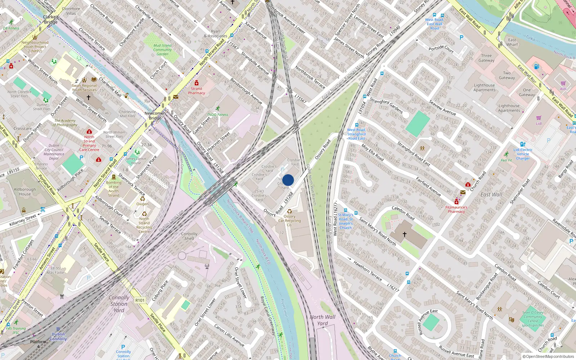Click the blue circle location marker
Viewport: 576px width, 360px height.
coord(288,180)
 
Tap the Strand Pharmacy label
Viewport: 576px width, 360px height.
coord(196,91)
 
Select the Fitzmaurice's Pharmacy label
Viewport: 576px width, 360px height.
coord(456,210)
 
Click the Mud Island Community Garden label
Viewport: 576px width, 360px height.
coord(162,50)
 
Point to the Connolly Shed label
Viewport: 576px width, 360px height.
coord(189,236)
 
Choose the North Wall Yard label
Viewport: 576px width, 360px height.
coord(323,320)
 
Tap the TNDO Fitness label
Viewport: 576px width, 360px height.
coord(217,115)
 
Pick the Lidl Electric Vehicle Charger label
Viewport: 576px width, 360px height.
coord(523,154)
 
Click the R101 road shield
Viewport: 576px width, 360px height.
coord(140,300)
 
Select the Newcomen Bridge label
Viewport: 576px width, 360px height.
coord(155,116)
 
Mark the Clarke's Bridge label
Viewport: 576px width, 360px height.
coord(50,19)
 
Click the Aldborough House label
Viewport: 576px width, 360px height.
coord(25,192)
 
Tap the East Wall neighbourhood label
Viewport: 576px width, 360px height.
coord(491,195)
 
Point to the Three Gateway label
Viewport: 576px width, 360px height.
coord(486,58)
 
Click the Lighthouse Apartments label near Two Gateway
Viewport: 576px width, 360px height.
coord(484,87)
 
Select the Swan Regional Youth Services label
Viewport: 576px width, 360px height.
coord(84,87)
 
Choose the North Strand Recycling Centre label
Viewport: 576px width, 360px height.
coord(144,225)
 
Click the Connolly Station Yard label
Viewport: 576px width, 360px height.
coord(119,304)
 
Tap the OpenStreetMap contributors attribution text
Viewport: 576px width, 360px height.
coord(548,357)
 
